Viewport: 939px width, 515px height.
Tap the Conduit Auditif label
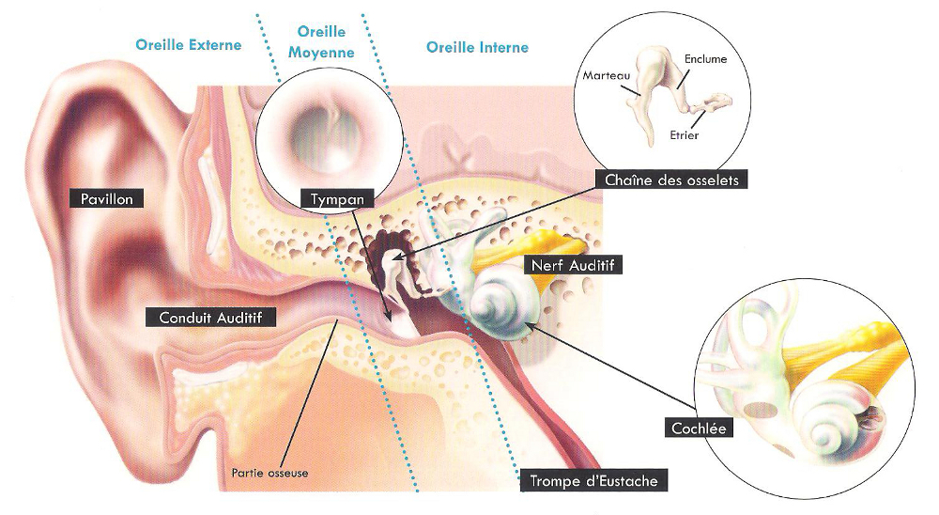point(211,318)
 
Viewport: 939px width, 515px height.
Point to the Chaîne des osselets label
point(671,179)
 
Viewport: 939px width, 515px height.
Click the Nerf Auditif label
point(574,265)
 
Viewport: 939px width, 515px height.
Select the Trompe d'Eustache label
point(594,481)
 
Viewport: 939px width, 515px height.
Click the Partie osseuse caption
point(269,473)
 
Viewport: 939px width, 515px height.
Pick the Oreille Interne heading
point(477,47)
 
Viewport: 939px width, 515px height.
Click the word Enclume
point(706,58)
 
